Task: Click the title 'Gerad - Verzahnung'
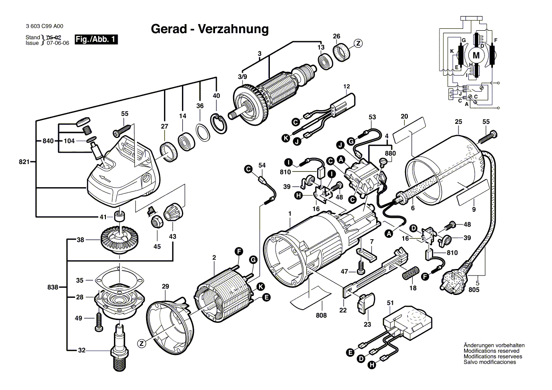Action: coord(209,29)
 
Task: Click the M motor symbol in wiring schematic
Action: coord(476,56)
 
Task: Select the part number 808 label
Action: coord(321,315)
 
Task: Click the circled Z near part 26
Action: coord(358,43)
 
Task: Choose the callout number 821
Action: coord(25,162)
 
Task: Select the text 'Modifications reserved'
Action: coord(491,351)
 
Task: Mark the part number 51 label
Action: coord(390,303)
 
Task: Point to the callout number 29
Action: coord(165,286)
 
